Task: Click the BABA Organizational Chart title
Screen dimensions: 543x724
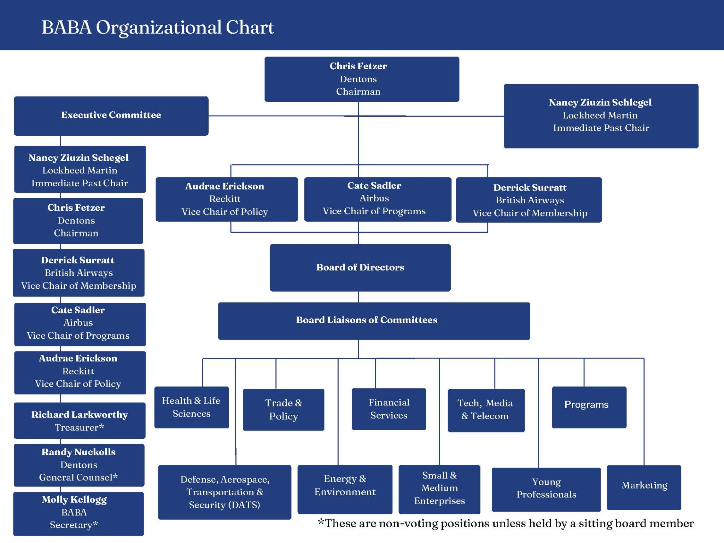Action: click(158, 27)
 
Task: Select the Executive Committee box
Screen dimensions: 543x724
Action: click(111, 116)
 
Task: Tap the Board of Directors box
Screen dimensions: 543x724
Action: click(360, 268)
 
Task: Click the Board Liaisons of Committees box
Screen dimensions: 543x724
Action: click(374, 321)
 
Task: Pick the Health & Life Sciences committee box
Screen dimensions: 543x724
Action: click(191, 407)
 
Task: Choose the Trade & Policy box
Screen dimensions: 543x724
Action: click(284, 409)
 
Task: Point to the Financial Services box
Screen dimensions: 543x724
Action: click(389, 409)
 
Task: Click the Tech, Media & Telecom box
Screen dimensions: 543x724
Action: click(486, 410)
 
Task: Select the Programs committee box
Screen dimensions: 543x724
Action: click(589, 407)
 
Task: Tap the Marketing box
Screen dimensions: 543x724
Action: click(644, 487)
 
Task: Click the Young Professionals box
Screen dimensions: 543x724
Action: click(546, 489)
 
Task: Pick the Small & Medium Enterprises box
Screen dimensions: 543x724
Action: click(439, 489)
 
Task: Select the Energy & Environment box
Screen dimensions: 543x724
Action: click(345, 489)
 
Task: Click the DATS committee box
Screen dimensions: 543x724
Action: click(224, 492)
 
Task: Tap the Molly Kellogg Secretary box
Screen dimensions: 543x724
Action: click(78, 513)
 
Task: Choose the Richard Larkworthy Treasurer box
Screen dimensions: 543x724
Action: click(80, 420)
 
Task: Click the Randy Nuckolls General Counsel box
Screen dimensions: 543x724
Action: click(79, 465)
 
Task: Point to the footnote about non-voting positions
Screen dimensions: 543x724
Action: click(506, 523)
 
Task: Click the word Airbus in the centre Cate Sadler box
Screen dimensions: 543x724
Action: click(374, 198)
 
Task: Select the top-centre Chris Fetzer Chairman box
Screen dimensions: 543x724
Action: click(361, 79)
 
